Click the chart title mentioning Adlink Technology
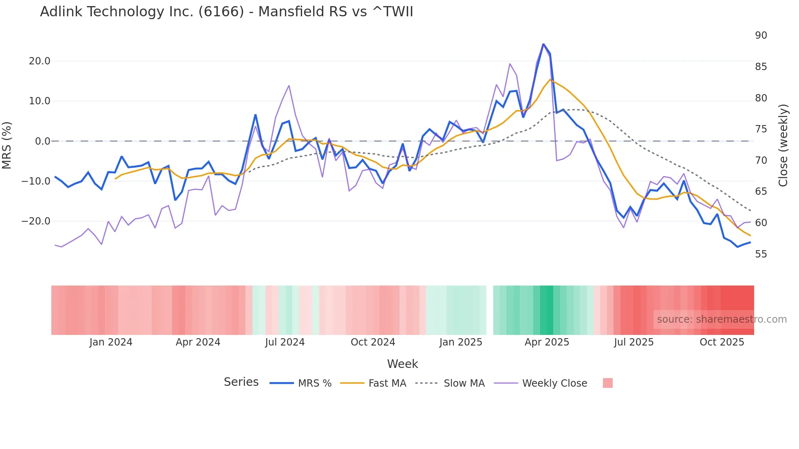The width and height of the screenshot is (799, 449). (x=226, y=12)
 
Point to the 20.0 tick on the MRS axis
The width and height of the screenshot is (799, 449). (x=40, y=61)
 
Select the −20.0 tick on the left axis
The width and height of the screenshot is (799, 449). (x=36, y=221)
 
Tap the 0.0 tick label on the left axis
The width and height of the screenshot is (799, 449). (x=42, y=141)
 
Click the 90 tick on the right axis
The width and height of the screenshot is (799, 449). (x=761, y=35)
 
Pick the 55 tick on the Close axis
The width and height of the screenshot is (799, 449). (x=761, y=254)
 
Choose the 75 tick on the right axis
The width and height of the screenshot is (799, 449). (x=761, y=129)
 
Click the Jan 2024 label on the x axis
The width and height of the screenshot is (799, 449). (x=111, y=342)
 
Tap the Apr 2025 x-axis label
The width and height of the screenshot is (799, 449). (x=547, y=342)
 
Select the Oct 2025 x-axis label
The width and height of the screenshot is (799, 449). (x=722, y=342)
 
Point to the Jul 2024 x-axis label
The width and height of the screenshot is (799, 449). (x=285, y=342)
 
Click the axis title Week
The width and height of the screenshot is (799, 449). (x=402, y=364)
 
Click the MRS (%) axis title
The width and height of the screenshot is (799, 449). (x=7, y=145)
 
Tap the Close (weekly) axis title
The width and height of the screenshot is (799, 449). (x=783, y=145)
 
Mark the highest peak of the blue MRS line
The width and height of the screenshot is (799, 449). (x=543, y=44)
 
